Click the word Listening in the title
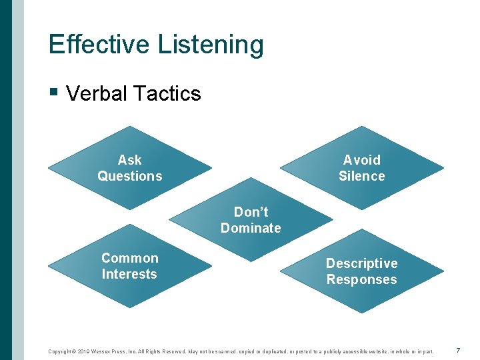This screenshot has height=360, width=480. [211, 45]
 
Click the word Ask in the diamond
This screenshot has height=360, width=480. [129, 160]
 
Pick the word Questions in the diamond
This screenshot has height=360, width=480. [129, 176]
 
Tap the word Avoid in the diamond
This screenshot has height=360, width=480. [361, 160]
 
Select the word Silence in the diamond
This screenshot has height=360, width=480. [361, 176]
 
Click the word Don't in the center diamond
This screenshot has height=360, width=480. [251, 212]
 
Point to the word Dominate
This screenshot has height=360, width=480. [251, 228]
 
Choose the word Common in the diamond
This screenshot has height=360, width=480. [129, 258]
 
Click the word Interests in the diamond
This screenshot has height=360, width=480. [129, 274]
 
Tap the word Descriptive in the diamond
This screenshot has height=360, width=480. [361, 263]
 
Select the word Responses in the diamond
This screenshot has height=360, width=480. [361, 279]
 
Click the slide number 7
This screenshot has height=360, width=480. [458, 351]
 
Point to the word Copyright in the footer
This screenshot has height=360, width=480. [61, 351]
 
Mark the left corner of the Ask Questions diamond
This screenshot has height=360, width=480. [49, 168]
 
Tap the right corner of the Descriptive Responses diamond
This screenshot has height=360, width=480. [443, 271]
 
